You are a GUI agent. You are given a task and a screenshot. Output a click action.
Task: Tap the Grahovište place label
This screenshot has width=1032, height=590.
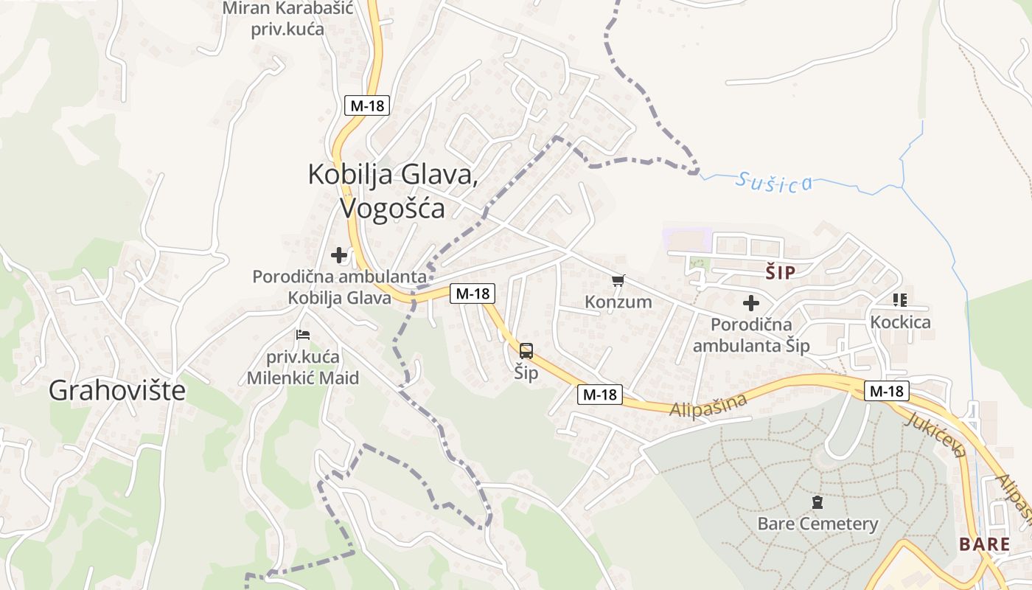coord(117,391)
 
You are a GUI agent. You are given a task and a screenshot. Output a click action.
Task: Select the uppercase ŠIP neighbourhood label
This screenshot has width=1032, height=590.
coord(781,273)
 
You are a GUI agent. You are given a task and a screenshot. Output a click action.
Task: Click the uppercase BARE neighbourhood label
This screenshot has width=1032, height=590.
coord(984,544)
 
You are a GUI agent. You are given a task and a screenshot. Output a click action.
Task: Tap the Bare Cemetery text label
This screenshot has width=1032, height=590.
coord(817,524)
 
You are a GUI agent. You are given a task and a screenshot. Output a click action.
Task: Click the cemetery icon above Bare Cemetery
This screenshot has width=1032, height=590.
coord(817,503)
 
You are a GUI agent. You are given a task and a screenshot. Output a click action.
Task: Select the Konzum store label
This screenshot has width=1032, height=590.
coord(618,302)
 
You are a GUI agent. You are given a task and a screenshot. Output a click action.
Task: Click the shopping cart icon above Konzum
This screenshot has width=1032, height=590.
coord(618,280)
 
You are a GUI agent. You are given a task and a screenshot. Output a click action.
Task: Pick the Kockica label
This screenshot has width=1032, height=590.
coord(900,322)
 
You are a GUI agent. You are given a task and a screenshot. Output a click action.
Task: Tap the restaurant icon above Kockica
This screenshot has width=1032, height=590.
coord(899,300)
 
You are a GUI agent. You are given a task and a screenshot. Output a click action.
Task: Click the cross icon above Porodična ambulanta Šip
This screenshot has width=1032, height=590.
coord(750,302)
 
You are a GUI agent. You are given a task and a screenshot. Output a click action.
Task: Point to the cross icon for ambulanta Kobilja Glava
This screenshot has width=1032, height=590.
coord(339,255)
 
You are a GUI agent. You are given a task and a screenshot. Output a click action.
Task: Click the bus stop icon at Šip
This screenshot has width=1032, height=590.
coord(526,351)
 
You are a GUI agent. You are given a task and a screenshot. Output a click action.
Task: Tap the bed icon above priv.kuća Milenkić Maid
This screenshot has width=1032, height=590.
coord(303,334)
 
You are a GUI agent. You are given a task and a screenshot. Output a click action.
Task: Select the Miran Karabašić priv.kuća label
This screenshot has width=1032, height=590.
coord(288,19)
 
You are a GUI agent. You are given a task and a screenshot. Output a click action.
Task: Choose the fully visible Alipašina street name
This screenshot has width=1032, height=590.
coord(708,405)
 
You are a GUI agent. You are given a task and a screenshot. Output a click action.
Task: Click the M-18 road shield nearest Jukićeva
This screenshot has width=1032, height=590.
coord(887,391)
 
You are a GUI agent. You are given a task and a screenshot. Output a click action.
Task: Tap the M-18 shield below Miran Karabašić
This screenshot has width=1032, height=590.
coord(367,105)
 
